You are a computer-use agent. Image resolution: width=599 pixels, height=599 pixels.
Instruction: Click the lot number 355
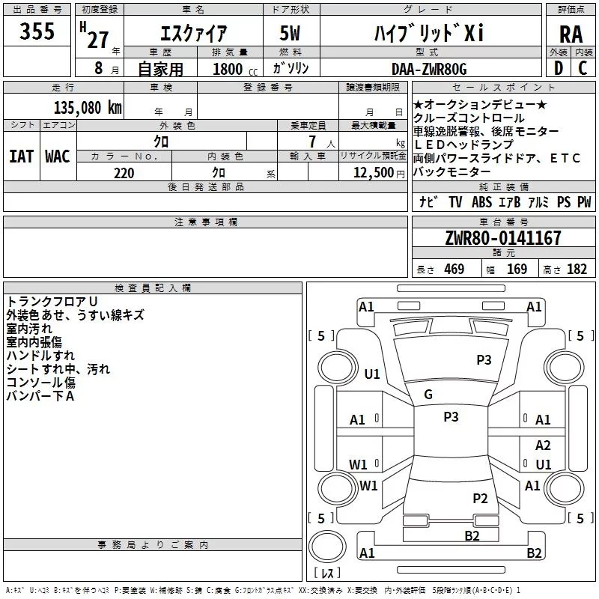pos(37,32)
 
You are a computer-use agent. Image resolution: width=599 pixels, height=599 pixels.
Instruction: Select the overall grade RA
pos(571,34)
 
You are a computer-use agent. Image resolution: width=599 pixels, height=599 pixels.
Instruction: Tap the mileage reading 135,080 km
pos(88,107)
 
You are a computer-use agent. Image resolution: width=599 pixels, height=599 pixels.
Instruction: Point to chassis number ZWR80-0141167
pos(502,239)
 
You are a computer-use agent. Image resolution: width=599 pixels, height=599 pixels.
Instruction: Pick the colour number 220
pos(124,173)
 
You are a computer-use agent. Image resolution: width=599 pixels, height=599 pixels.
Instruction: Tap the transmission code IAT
pos(20,156)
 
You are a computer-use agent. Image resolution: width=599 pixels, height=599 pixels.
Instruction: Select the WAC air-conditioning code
pos(57,156)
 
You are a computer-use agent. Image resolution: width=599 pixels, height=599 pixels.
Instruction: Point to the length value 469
pos(454,270)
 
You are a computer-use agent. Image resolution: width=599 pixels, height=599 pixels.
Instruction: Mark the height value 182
pos(577,270)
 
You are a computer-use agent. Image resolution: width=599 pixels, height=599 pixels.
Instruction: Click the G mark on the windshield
pos(428,395)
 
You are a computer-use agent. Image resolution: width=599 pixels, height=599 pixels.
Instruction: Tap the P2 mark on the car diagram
pos(480,499)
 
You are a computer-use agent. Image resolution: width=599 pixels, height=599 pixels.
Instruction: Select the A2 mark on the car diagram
pos(543,446)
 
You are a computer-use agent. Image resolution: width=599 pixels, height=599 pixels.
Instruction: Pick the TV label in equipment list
pos(455,202)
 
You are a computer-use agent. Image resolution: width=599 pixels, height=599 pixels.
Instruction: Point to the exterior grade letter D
pos(558,69)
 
